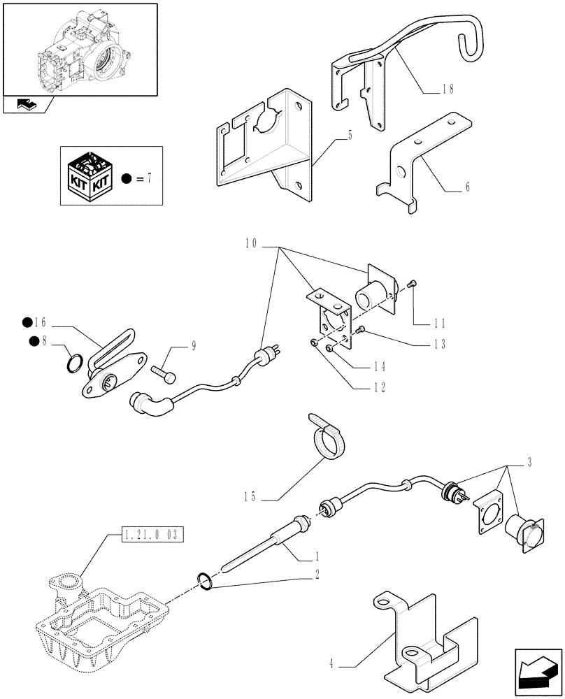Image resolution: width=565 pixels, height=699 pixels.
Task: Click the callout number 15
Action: pos(251,497)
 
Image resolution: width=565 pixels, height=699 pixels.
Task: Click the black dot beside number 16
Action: pos(27,322)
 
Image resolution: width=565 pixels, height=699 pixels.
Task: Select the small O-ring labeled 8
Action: pos(76,364)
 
